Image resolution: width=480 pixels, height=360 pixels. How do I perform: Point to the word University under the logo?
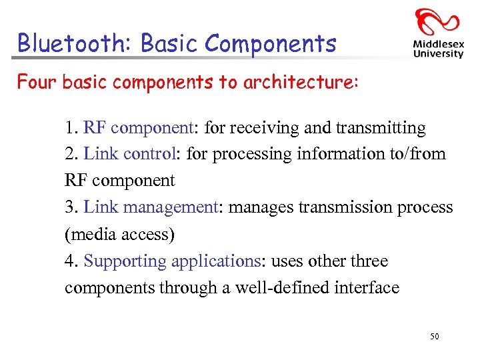pyautogui.click(x=438, y=54)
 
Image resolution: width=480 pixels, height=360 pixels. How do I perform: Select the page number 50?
pyautogui.click(x=435, y=337)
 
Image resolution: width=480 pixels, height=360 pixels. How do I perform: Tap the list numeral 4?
pyautogui.click(x=70, y=261)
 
